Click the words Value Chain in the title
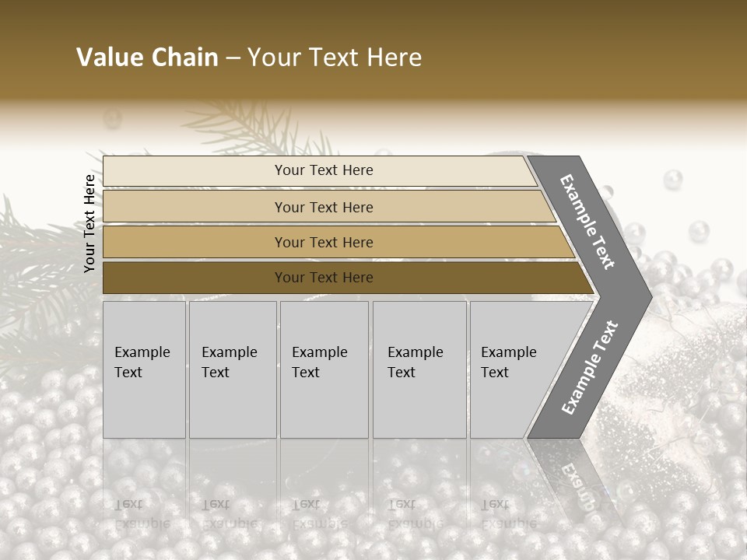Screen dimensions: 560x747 147,58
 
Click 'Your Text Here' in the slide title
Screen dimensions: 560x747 335,58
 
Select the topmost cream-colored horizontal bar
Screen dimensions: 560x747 195,171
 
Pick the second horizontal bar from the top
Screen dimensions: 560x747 195,207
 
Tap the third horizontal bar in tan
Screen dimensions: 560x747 195,243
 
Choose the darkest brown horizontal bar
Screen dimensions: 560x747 195,278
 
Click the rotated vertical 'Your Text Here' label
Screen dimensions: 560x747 89,223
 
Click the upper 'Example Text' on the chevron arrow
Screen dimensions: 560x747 587,222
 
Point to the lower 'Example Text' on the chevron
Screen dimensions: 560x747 590,368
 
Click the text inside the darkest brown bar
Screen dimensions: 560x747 324,278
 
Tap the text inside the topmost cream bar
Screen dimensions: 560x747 324,170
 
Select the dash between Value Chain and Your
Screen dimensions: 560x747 233,58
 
